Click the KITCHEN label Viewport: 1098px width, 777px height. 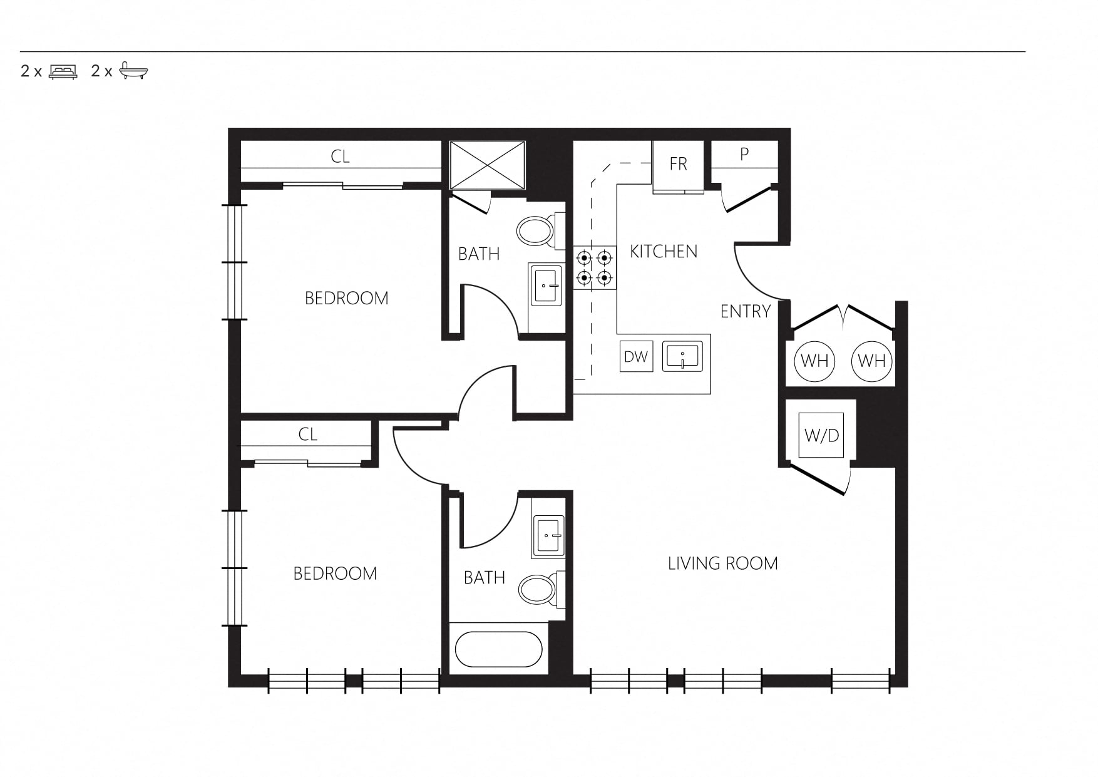pos(664,252)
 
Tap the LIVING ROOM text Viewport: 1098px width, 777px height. pos(723,563)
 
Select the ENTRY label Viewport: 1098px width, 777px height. pos(746,311)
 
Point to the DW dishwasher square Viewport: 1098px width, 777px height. pos(636,357)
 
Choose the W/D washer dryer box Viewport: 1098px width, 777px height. pos(821,435)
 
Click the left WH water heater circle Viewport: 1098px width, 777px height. pos(814,361)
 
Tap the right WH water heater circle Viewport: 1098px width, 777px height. pos(872,361)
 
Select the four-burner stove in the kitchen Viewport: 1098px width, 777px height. pos(594,267)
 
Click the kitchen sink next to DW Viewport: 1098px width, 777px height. pos(683,357)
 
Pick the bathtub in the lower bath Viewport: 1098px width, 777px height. pos(499,649)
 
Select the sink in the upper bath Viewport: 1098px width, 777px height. pos(546,285)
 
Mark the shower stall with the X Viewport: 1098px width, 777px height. pos(488,165)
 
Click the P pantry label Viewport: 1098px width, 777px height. pos(744,154)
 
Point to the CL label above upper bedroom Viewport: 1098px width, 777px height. pos(340,157)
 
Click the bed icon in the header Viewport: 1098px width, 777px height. pos(63,71)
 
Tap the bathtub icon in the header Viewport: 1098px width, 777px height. pos(134,71)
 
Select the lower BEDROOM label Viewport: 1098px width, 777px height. pos(335,574)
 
